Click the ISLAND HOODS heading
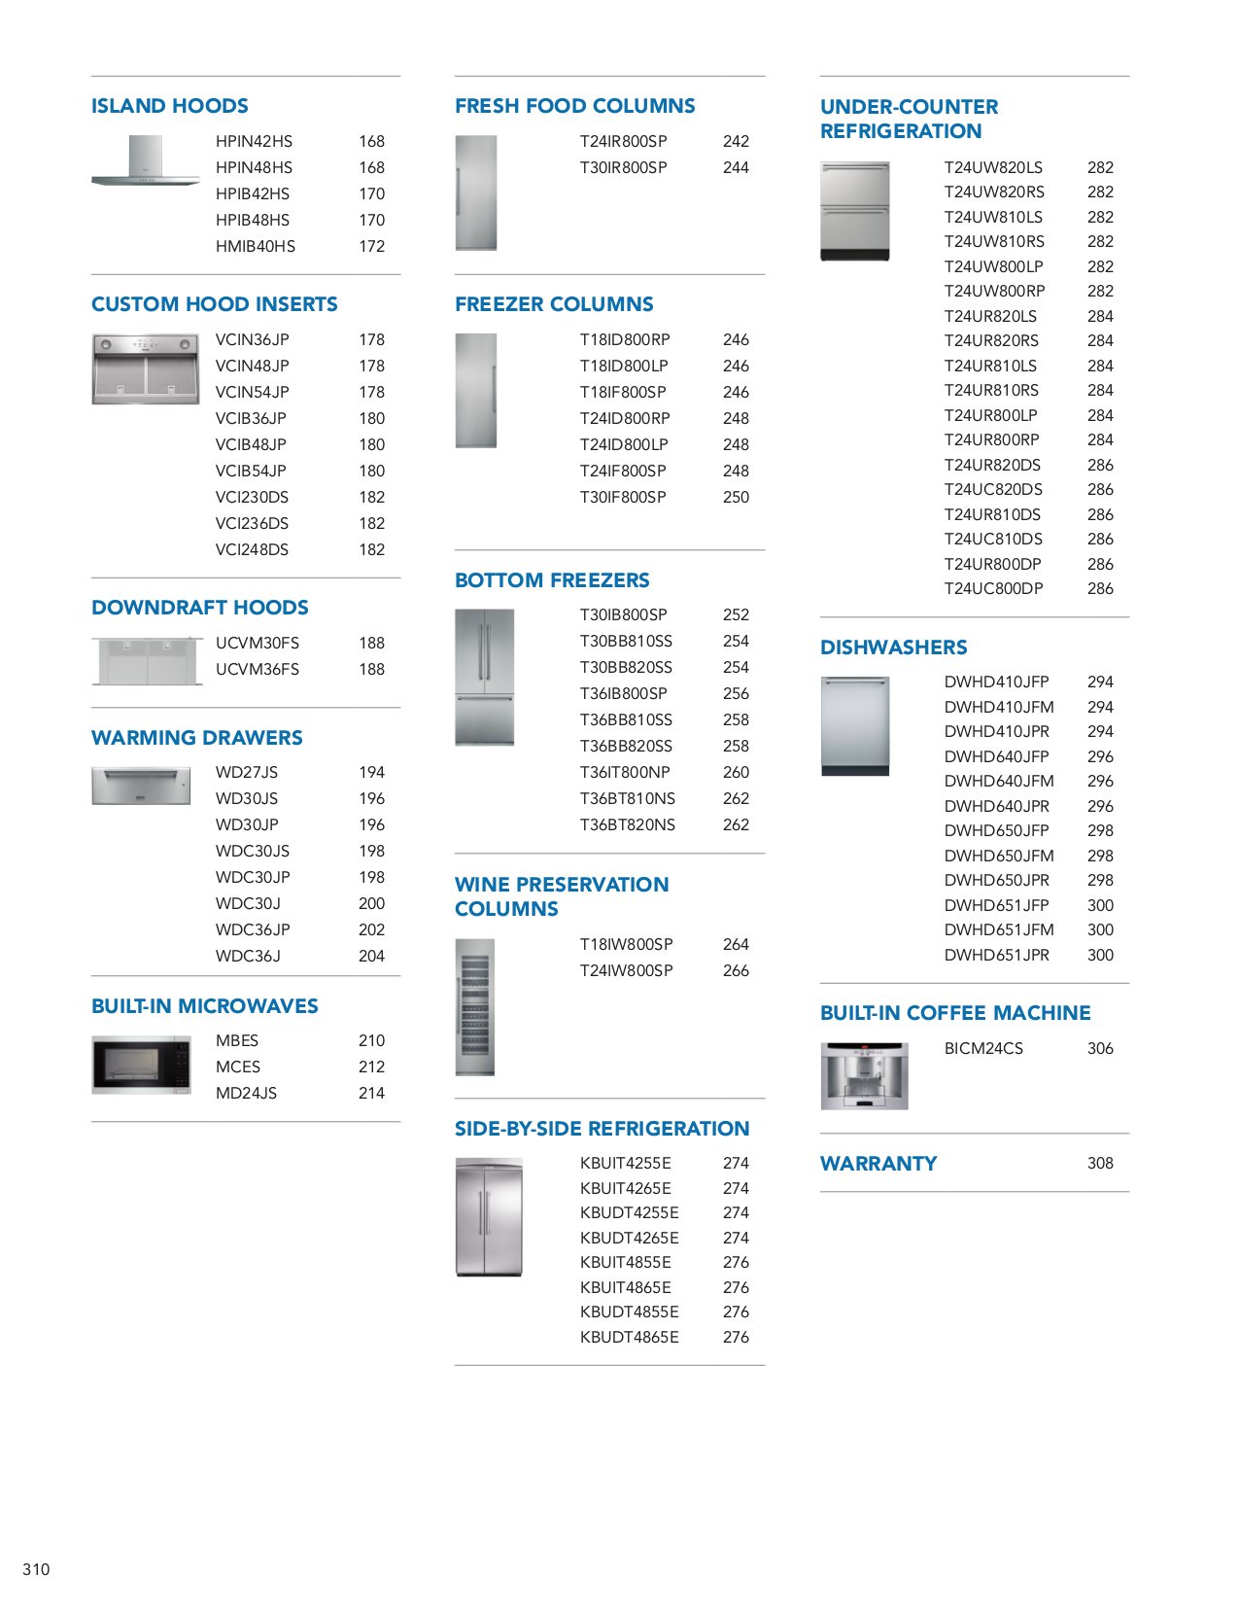pos(169,106)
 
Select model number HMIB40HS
pos(255,247)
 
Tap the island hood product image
pos(146,160)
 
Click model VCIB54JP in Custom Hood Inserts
pos(251,472)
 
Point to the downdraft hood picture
pos(147,661)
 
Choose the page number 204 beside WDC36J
pos(371,957)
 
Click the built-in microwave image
pos(141,1066)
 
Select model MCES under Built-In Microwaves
pos(238,1067)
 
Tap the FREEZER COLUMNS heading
pos(554,304)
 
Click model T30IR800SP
pos(623,168)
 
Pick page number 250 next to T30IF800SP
pos(736,498)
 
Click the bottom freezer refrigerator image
pos(484,678)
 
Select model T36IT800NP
pos(625,773)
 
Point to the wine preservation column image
pos(475,1007)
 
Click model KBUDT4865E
pos(629,1338)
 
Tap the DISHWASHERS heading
pos(893,647)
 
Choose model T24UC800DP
pos(993,589)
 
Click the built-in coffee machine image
pos(864,1076)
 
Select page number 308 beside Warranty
pos(1100,1164)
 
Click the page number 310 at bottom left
pos(36,1569)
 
